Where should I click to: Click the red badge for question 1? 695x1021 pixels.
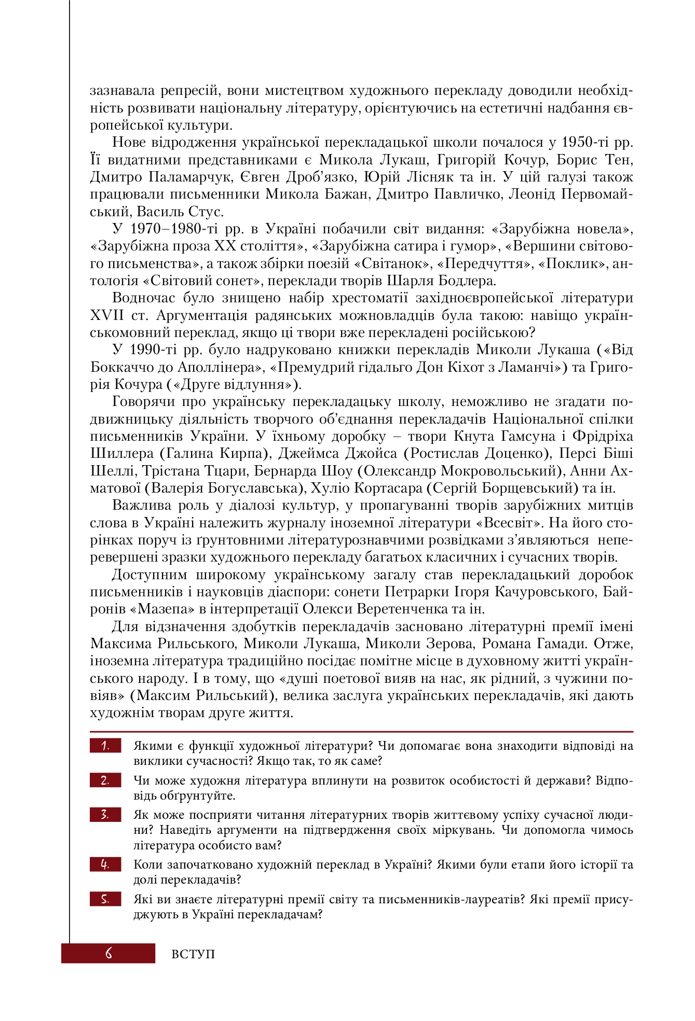pos(105,746)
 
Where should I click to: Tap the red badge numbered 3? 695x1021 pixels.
pos(105,815)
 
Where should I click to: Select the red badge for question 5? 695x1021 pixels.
pos(105,899)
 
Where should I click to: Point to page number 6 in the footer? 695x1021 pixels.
pos(108,953)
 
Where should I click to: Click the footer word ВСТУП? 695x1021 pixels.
pos(193,954)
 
